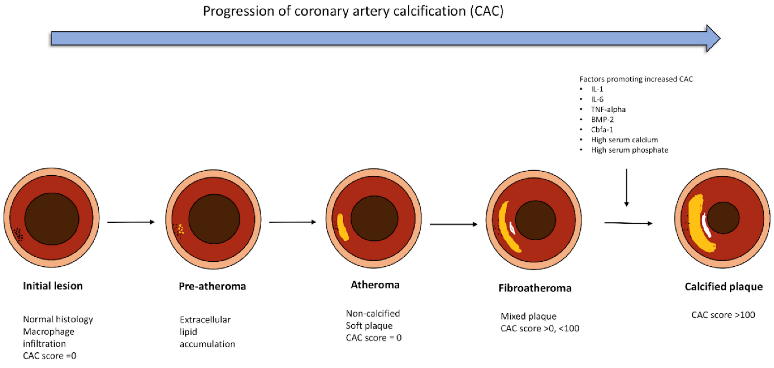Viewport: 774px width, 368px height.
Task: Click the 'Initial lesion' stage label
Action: point(53,286)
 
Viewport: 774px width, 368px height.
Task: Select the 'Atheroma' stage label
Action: point(375,285)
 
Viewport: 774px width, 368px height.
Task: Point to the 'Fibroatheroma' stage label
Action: point(535,288)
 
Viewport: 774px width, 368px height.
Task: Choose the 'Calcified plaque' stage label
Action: point(724,287)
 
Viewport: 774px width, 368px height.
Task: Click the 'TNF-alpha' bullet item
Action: point(608,109)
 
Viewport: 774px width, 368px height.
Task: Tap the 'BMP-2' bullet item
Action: point(602,120)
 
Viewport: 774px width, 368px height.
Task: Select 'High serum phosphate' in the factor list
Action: point(629,150)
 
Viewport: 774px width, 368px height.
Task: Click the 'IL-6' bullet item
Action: point(597,99)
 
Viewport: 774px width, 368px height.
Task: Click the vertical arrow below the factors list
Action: point(627,188)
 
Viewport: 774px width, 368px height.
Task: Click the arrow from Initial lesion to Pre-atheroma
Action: point(131,222)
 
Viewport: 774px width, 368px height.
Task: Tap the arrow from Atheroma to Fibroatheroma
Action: point(454,224)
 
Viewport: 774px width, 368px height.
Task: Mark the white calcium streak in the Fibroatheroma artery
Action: point(512,228)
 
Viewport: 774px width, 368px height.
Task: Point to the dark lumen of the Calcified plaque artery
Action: point(723,218)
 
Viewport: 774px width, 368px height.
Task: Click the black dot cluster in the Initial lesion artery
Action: point(18,234)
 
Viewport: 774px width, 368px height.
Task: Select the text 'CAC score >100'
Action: point(723,315)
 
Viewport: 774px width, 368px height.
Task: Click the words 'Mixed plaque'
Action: point(528,316)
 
